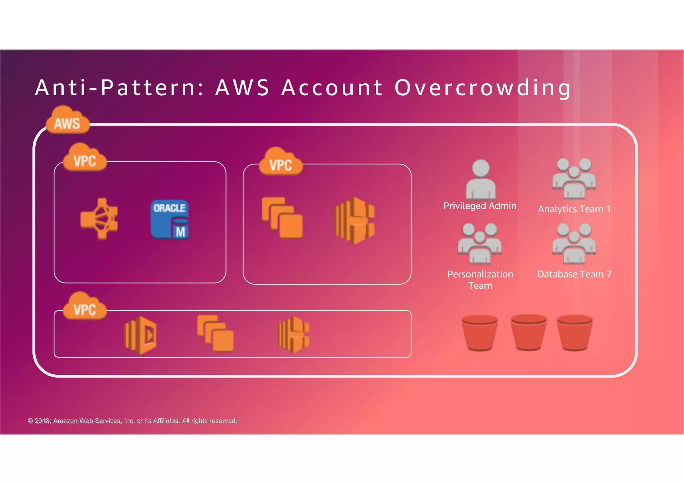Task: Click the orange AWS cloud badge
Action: pyautogui.click(x=68, y=121)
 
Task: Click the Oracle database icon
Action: pyautogui.click(x=170, y=219)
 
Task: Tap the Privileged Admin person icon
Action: pyautogui.click(x=481, y=179)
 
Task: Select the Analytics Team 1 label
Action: pyautogui.click(x=574, y=209)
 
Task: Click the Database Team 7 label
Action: pyautogui.click(x=574, y=274)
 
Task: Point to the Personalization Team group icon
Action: pyautogui.click(x=480, y=244)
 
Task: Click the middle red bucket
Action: pyautogui.click(x=528, y=332)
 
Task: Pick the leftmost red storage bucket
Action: pyautogui.click(x=480, y=333)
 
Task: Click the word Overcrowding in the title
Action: pyautogui.click(x=483, y=88)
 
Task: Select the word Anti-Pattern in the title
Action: pyautogui.click(x=116, y=88)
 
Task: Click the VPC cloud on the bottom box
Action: pyautogui.click(x=85, y=306)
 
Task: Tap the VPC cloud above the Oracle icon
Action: pyautogui.click(x=85, y=158)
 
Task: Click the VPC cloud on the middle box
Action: pyautogui.click(x=281, y=162)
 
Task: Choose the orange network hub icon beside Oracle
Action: pyautogui.click(x=99, y=219)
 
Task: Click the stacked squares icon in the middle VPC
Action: pyautogui.click(x=282, y=218)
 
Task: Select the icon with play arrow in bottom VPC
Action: pyautogui.click(x=141, y=335)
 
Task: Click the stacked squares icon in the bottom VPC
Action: pyautogui.click(x=215, y=333)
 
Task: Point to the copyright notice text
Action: pyautogui.click(x=132, y=421)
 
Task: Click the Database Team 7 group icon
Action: pyautogui.click(x=574, y=244)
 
